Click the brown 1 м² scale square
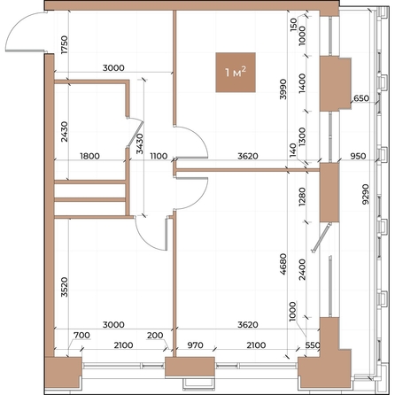(236, 73)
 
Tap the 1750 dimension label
(64, 45)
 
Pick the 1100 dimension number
(159, 157)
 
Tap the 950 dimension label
(357, 157)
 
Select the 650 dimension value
(360, 99)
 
